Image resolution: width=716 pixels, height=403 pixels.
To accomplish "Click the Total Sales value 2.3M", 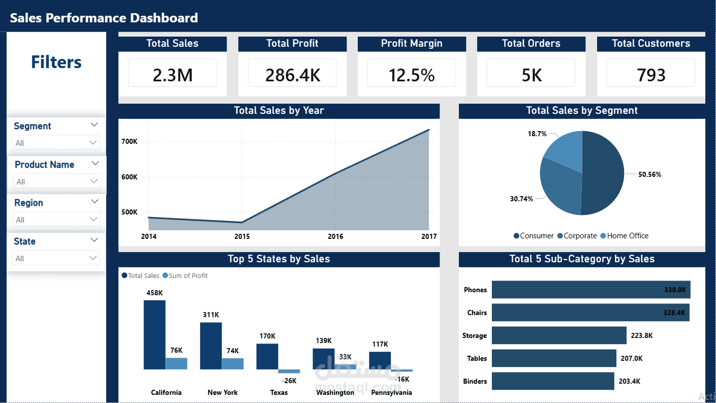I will click(172, 75).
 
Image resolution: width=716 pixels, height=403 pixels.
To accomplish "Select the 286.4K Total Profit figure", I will click(292, 75).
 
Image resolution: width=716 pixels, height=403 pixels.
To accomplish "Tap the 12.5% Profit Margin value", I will click(412, 75).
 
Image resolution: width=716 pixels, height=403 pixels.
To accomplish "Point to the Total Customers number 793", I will click(651, 75).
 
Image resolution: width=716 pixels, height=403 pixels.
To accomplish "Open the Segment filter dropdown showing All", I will click(56, 143).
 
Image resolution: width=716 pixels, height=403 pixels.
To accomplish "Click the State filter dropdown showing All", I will click(56, 258).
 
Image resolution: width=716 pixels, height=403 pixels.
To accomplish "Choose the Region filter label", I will click(28, 203).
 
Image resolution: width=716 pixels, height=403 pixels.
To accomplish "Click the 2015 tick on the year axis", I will click(242, 236).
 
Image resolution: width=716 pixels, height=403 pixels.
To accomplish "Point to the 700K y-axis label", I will click(129, 141).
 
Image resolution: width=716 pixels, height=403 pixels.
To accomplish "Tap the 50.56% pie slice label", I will click(649, 174).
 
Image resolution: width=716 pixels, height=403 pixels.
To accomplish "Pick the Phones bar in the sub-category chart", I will click(590, 290).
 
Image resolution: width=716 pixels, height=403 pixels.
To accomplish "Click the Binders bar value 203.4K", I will click(630, 381).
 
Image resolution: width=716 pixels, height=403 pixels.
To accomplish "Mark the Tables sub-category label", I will click(477, 358).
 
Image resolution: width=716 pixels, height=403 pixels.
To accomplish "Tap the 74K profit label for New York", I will click(232, 351).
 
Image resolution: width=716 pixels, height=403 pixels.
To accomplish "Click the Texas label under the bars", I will click(278, 392).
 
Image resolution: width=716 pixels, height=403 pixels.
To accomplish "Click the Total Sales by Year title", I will click(278, 111).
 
